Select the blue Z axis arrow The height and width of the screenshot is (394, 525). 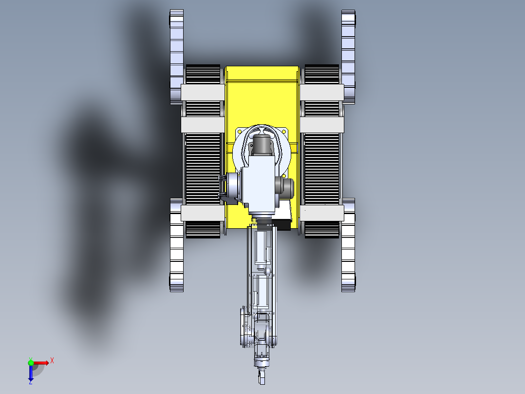(x=31, y=374)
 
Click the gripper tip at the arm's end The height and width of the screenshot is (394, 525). (x=262, y=378)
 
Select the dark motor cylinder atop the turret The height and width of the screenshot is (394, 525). (x=262, y=145)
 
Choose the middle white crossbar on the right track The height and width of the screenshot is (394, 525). (x=321, y=124)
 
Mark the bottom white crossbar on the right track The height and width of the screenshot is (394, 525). (x=321, y=213)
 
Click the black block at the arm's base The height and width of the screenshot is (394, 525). (x=282, y=224)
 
